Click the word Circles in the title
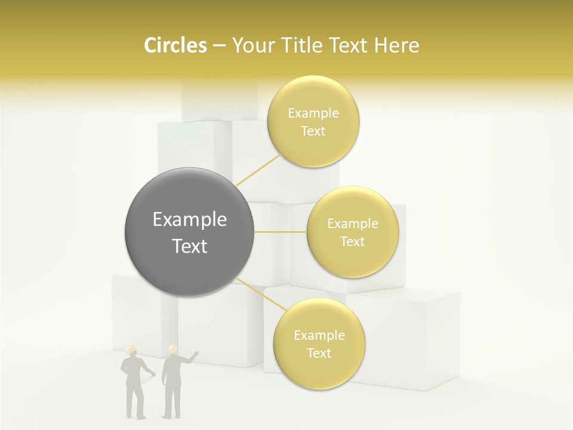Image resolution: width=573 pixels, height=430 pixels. (x=175, y=45)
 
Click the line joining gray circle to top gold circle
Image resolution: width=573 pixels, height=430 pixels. (x=258, y=170)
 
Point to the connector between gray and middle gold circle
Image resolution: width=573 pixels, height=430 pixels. (x=281, y=232)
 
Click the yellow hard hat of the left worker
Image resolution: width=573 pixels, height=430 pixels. (x=132, y=349)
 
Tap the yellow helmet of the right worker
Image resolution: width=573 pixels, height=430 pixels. (x=172, y=348)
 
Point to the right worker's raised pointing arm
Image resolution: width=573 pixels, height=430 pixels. (x=190, y=359)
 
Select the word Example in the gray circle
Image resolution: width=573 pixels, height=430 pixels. (x=190, y=220)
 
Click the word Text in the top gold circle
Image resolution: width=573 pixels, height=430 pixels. (x=313, y=131)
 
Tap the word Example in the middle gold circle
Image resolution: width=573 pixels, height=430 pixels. (x=352, y=224)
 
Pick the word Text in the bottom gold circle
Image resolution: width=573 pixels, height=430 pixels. (x=319, y=354)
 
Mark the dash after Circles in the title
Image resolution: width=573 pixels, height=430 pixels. (x=218, y=45)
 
